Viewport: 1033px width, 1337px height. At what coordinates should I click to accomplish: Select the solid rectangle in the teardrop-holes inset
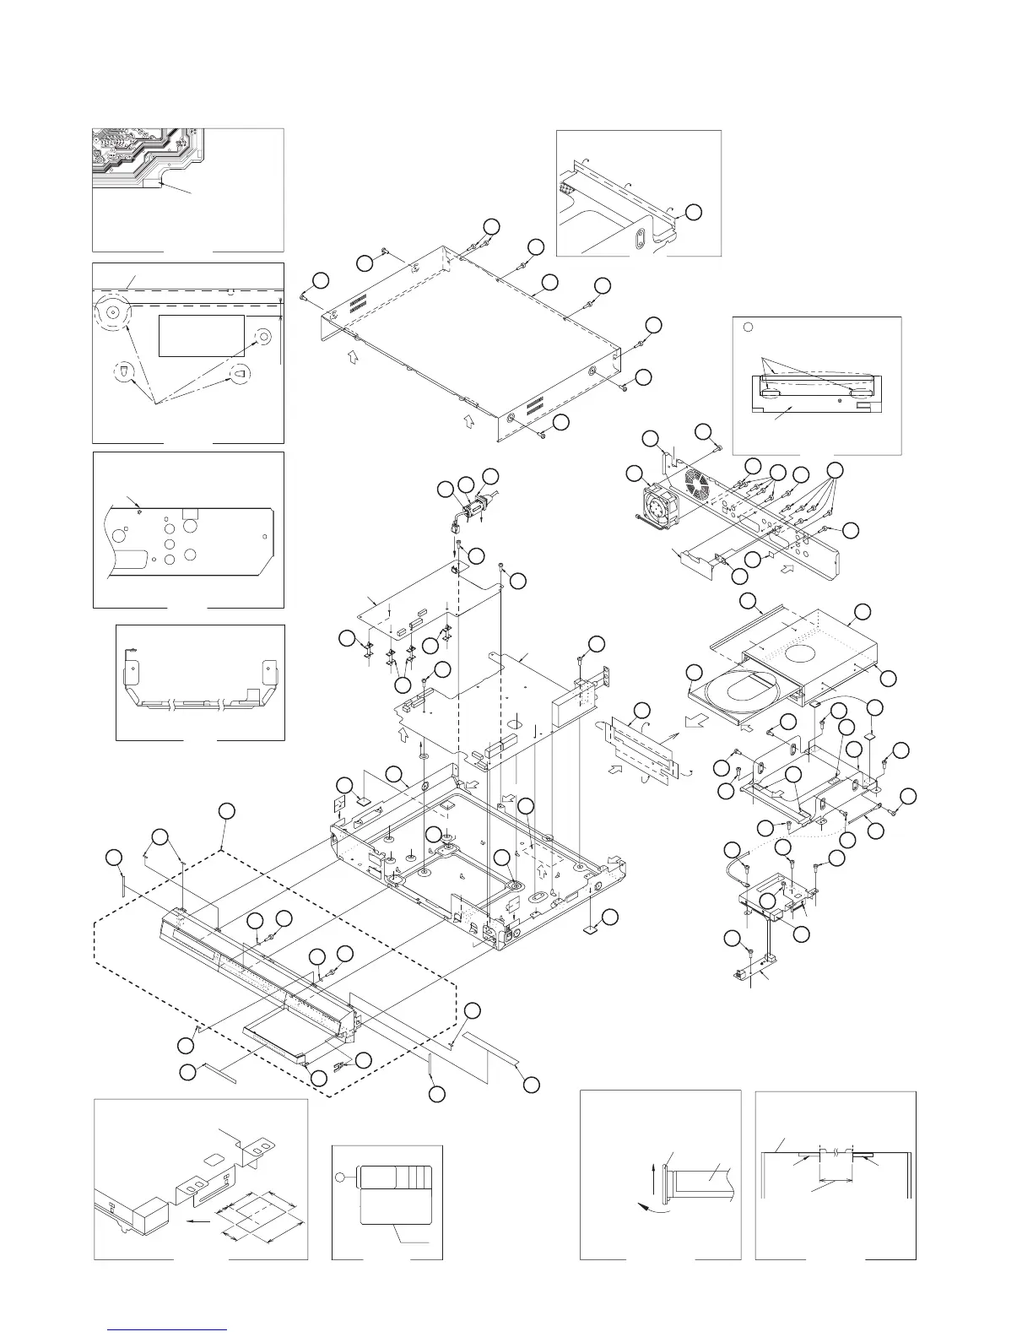(201, 336)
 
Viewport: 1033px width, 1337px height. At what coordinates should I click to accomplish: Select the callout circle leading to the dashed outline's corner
(226, 811)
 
